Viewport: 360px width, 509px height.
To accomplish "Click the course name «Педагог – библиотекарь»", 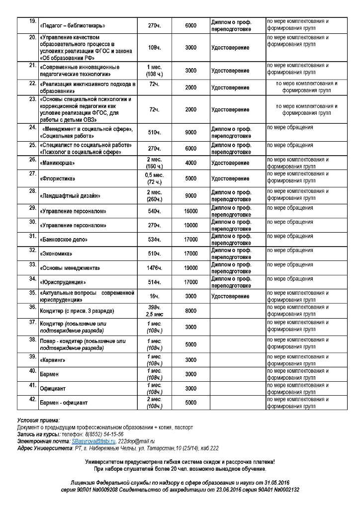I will click(x=75, y=25).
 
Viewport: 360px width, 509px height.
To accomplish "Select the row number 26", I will click(x=32, y=160).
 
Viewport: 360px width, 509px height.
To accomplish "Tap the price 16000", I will click(x=190, y=211).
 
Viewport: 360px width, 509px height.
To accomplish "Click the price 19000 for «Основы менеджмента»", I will click(x=190, y=268).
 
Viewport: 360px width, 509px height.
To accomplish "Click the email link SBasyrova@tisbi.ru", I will click(x=93, y=441).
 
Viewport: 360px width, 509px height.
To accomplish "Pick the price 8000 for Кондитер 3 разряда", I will click(x=190, y=311).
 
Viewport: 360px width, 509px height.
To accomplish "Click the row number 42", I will click(x=32, y=399).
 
